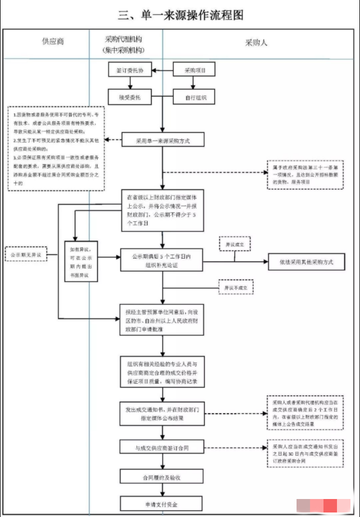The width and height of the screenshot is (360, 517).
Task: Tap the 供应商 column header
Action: [x=53, y=42]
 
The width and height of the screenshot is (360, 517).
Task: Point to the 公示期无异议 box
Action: [x=26, y=255]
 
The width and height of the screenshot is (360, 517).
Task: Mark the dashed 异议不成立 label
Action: [x=236, y=288]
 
